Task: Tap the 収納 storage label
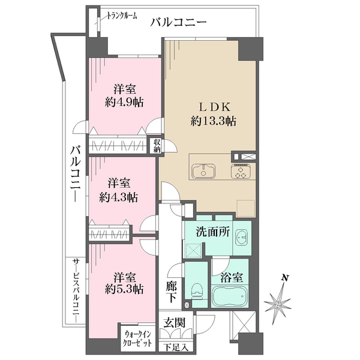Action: pyautogui.click(x=157, y=146)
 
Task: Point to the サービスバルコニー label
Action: pyautogui.click(x=76, y=291)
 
